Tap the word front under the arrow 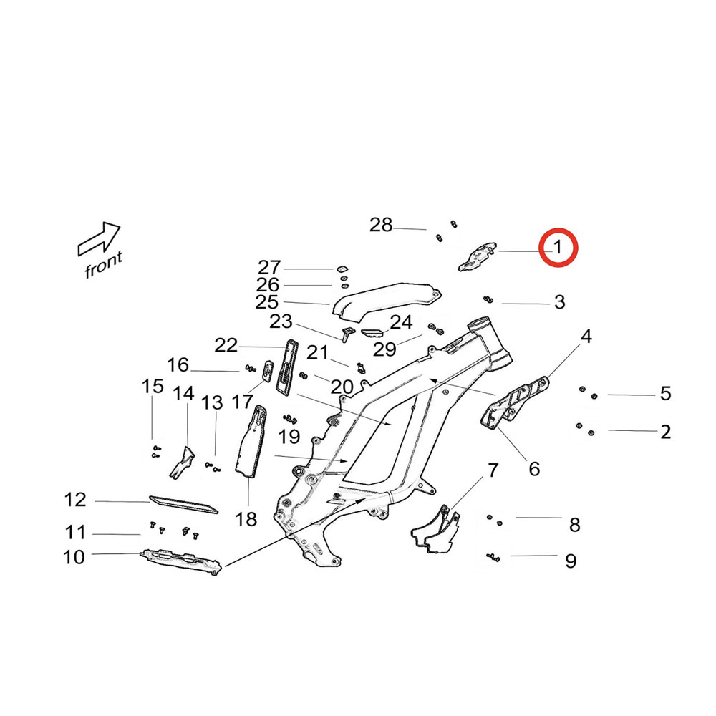tap(104, 264)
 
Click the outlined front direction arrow tap(99, 238)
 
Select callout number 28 tap(381, 226)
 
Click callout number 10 tap(74, 556)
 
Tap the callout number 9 tap(571, 560)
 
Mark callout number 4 tap(586, 336)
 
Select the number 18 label tap(246, 519)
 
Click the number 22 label tap(226, 345)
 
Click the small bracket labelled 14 tap(183, 462)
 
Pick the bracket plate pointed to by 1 tap(475, 256)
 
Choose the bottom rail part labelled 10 tap(179, 561)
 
